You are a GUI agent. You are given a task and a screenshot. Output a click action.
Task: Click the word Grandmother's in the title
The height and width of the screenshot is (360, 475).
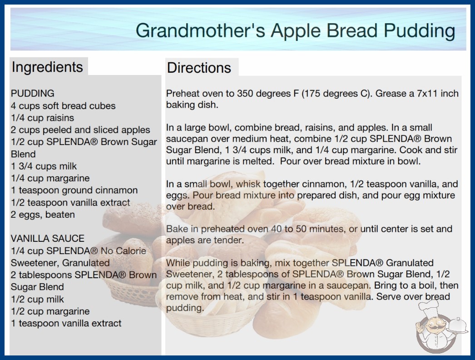(x=200, y=30)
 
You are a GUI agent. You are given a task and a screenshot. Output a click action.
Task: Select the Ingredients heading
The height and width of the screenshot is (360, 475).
(x=47, y=67)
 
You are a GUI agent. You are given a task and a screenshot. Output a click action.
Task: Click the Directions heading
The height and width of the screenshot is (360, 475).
(x=199, y=68)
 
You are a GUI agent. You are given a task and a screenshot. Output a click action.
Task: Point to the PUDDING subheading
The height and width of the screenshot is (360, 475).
(x=32, y=93)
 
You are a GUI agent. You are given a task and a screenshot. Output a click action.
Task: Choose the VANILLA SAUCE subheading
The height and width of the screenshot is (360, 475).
(x=48, y=238)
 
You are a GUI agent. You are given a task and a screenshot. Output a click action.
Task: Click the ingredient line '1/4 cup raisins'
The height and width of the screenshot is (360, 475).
(x=42, y=118)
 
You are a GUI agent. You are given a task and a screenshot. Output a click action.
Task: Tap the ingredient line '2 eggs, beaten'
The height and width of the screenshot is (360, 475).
(x=43, y=215)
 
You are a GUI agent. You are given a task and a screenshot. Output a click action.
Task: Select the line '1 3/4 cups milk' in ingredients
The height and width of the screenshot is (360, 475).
(x=44, y=166)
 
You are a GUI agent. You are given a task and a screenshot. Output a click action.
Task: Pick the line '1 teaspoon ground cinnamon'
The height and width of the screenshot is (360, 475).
(x=74, y=190)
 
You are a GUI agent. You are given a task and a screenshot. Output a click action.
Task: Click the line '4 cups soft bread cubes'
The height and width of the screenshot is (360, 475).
(x=63, y=106)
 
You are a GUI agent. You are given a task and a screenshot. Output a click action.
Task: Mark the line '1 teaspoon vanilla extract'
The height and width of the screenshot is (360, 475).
(x=66, y=323)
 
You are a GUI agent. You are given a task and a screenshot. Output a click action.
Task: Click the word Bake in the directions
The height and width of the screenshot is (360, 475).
(x=177, y=229)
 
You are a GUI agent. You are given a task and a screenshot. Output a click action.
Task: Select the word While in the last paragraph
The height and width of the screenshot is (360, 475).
(x=178, y=263)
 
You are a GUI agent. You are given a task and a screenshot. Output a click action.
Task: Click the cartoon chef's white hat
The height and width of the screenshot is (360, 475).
(x=428, y=307)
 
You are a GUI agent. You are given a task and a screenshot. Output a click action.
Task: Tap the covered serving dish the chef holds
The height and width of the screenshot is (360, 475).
(x=457, y=325)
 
